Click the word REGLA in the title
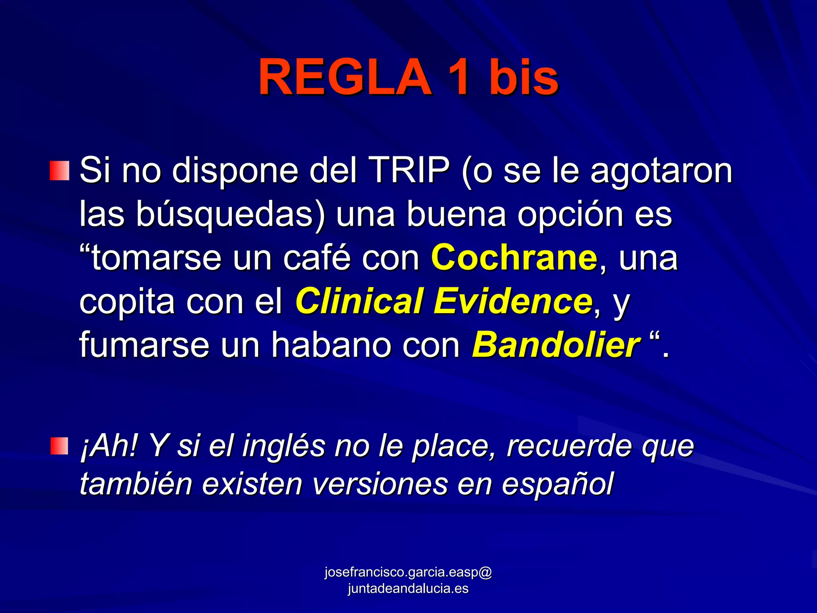[x=345, y=77]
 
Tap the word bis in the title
[x=523, y=77]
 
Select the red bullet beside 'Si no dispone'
[x=59, y=171]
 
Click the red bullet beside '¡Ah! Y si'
[x=59, y=445]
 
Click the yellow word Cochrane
[x=514, y=258]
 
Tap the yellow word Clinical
[x=359, y=302]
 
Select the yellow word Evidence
[x=513, y=302]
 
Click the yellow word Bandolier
[x=556, y=345]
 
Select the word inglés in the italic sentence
[x=284, y=446]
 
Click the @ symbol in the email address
[x=484, y=572]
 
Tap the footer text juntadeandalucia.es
[x=408, y=589]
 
